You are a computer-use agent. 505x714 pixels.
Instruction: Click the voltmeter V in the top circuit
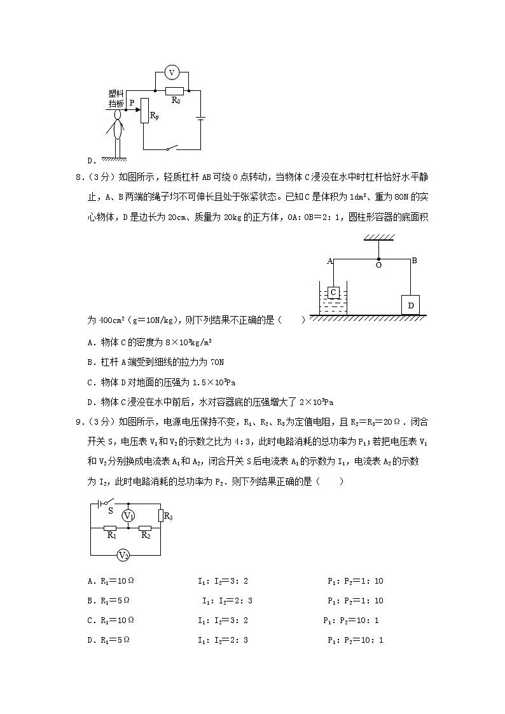pyautogui.click(x=170, y=73)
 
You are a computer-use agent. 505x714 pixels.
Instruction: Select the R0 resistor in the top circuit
pyautogui.click(x=174, y=91)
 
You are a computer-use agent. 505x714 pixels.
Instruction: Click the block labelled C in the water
pyautogui.click(x=333, y=292)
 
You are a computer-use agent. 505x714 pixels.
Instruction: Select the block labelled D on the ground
pyautogui.click(x=411, y=305)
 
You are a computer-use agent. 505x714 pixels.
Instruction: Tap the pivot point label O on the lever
pyautogui.click(x=378, y=265)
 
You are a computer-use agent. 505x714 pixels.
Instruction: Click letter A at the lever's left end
pyautogui.click(x=330, y=261)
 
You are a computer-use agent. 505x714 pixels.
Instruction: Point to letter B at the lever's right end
pyautogui.click(x=414, y=260)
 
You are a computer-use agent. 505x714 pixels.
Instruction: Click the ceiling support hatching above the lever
pyautogui.click(x=378, y=237)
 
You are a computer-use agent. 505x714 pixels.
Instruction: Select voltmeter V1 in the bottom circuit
pyautogui.click(x=128, y=515)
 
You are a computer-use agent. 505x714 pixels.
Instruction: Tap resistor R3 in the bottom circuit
pyautogui.click(x=162, y=516)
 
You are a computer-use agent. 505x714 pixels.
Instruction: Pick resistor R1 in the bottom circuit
pyautogui.click(x=110, y=528)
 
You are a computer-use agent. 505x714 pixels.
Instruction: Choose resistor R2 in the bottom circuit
pyautogui.click(x=145, y=528)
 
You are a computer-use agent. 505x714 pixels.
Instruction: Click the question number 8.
pyautogui.click(x=90, y=176)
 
